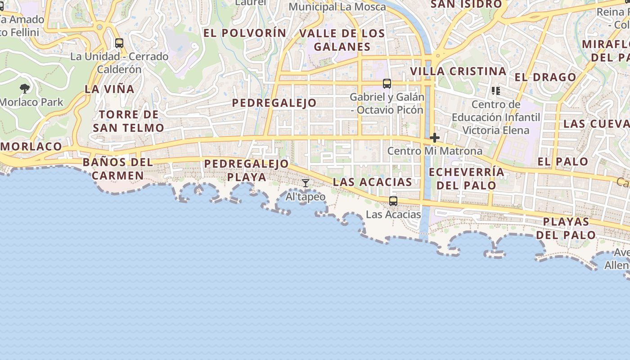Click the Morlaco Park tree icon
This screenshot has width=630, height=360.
click(x=25, y=88)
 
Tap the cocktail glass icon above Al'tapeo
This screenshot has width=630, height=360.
click(x=306, y=183)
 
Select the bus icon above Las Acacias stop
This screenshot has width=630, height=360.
click(x=393, y=201)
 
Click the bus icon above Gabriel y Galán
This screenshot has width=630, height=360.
click(x=387, y=83)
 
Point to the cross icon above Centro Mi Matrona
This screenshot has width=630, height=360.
click(x=434, y=138)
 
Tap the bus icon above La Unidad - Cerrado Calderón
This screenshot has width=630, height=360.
click(x=119, y=43)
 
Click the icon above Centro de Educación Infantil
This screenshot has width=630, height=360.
click(x=496, y=91)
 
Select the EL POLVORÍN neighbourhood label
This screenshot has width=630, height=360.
click(x=245, y=33)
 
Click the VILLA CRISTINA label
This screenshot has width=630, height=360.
click(x=458, y=71)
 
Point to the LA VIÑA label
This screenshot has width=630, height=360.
click(x=109, y=89)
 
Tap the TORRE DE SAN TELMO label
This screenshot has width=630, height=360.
click(x=129, y=121)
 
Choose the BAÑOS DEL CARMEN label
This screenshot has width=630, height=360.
click(x=118, y=169)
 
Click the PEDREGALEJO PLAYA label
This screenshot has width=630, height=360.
click(x=246, y=170)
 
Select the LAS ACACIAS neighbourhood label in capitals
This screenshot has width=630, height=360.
click(x=372, y=182)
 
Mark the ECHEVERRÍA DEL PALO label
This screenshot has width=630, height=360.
click(x=466, y=179)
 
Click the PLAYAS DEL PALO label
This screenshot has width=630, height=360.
click(x=566, y=228)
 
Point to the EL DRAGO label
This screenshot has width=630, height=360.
click(x=545, y=77)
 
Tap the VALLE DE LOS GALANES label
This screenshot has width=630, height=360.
click(x=342, y=40)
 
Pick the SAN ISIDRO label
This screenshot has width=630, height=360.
click(x=466, y=4)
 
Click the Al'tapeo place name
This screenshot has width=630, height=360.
click(x=306, y=197)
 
